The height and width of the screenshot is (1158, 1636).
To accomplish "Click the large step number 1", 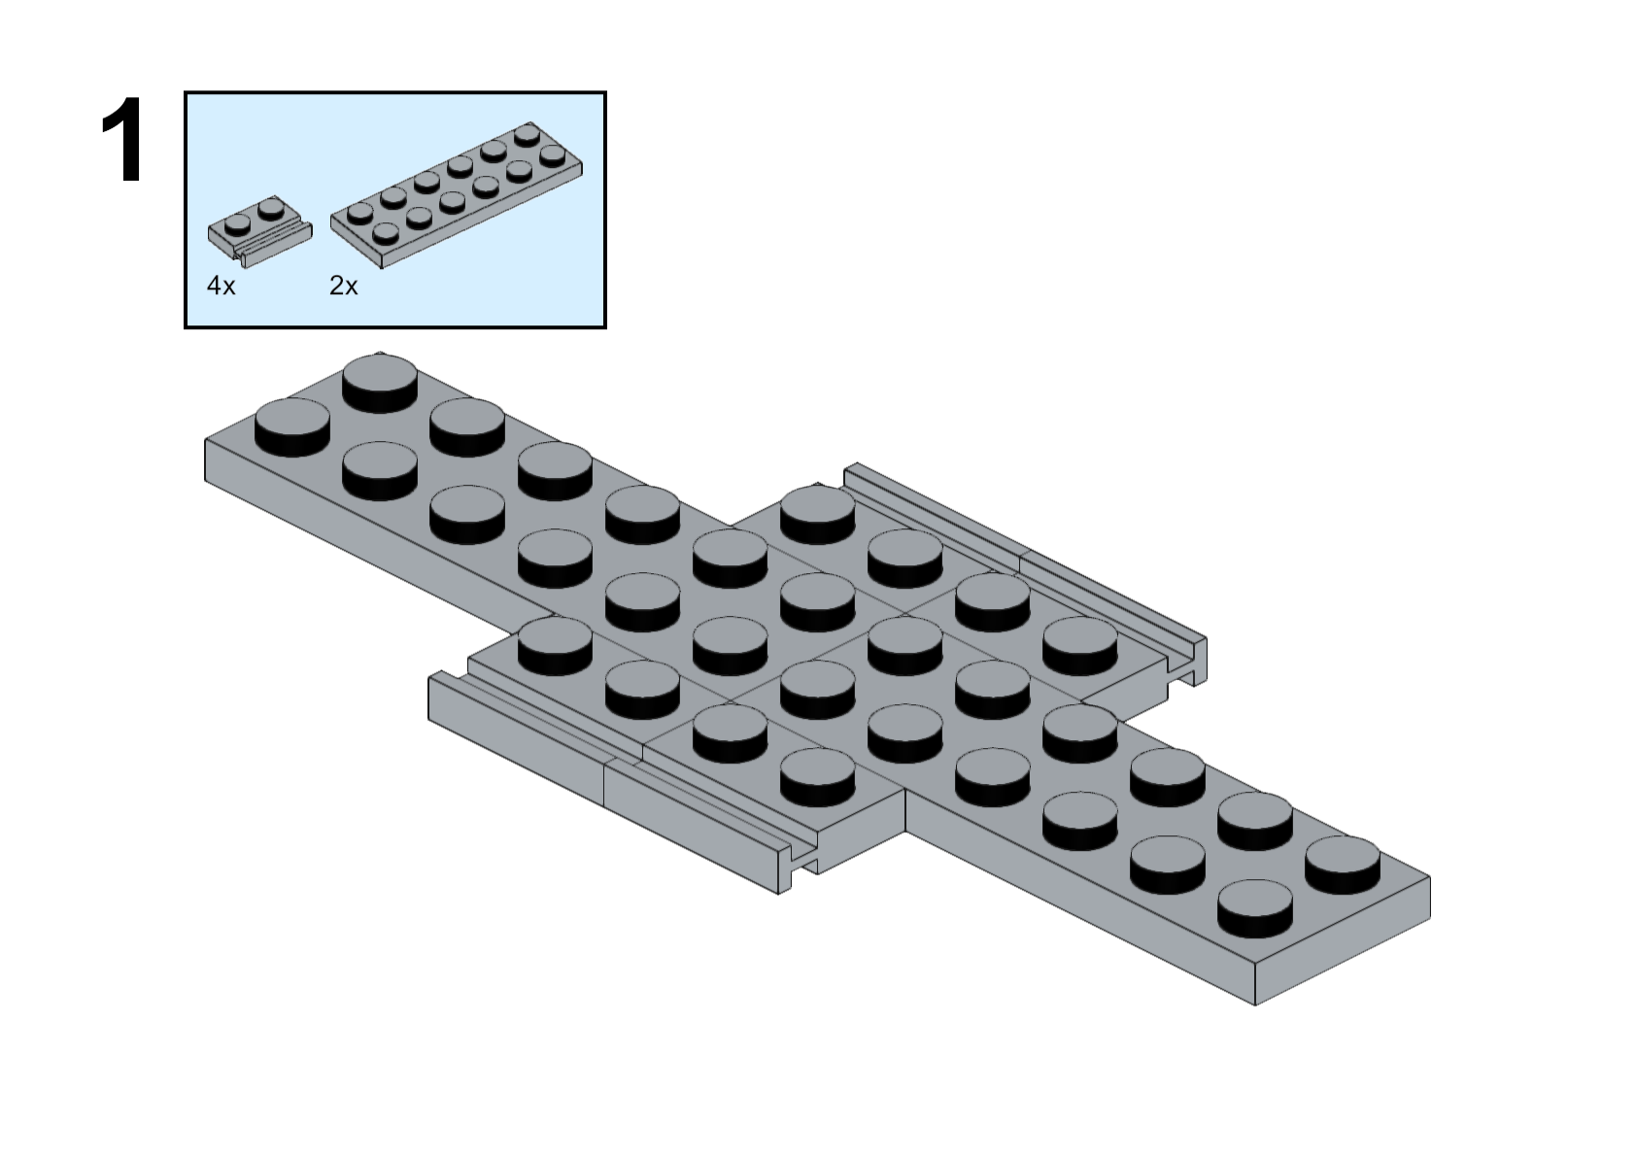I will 123,141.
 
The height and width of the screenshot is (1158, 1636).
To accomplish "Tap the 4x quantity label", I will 221,286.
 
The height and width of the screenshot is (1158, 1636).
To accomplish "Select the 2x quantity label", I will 344,286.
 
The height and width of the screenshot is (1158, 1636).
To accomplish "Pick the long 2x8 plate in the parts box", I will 457,194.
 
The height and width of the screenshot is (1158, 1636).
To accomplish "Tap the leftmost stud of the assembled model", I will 292,425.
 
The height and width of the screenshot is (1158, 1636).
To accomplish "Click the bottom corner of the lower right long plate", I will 1255,1003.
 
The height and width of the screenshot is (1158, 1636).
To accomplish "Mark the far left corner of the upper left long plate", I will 207,443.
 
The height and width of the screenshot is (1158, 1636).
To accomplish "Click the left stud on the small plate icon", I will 237,224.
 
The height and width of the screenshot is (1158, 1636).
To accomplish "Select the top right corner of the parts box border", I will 604,94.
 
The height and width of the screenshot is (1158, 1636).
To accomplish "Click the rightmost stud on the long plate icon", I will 552,154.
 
